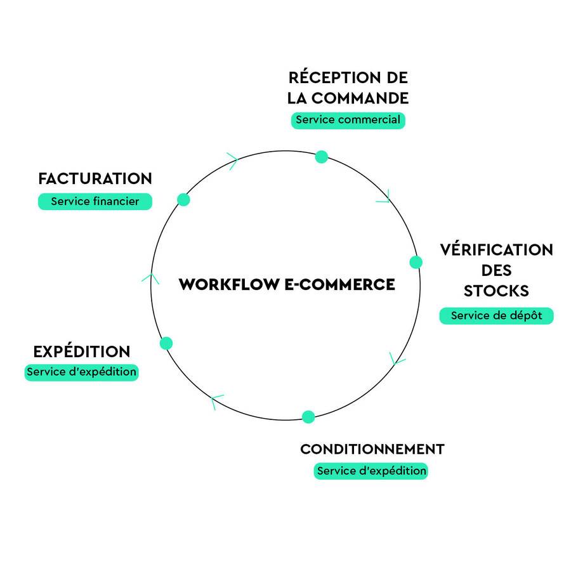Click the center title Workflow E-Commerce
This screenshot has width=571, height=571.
point(287,284)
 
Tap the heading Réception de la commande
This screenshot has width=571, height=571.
point(348,88)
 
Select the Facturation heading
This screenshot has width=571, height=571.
point(95,178)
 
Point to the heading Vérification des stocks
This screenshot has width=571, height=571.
point(496,270)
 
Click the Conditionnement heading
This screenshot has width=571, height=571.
point(372,449)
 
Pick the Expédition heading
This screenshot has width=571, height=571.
point(82,351)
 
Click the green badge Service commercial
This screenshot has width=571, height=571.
point(348,120)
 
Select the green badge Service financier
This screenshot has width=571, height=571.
point(95,202)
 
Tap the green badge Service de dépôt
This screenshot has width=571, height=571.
point(496,315)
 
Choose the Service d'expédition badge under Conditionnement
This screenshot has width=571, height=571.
point(371,471)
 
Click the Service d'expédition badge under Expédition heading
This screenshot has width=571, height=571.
point(82,372)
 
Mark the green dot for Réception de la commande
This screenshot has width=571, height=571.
point(322,157)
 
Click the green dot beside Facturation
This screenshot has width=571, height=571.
point(184,199)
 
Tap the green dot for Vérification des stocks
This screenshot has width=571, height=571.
point(416,262)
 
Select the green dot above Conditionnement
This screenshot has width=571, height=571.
point(308,417)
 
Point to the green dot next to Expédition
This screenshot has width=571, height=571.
point(166,343)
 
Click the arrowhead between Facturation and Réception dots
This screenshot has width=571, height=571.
point(232,161)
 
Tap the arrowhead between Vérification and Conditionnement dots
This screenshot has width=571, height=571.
point(397,359)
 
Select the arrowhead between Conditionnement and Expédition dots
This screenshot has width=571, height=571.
point(216,401)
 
